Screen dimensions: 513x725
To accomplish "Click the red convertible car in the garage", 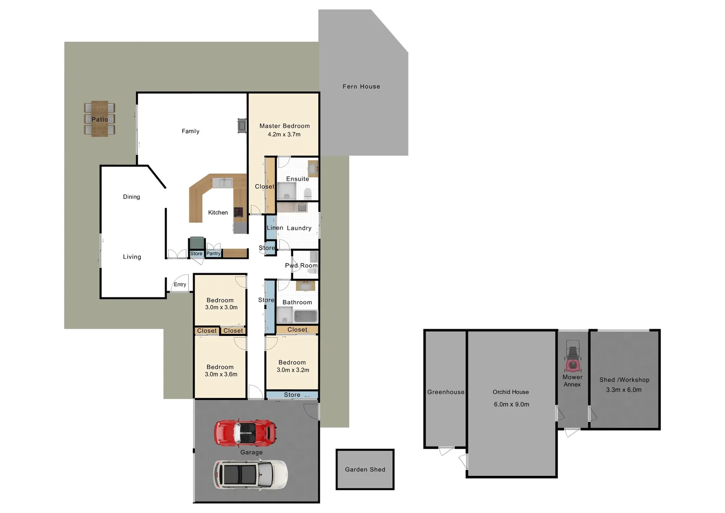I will pyautogui.click(x=245, y=433).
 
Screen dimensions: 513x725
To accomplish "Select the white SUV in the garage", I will pyautogui.click(x=250, y=475).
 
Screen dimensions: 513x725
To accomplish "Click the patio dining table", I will pyautogui.click(x=100, y=119).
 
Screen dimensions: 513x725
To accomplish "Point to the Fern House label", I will pyautogui.click(x=361, y=86).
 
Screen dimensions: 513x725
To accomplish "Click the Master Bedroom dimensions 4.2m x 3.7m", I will pyautogui.click(x=284, y=134).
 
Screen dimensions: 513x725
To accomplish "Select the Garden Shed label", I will pyautogui.click(x=365, y=469).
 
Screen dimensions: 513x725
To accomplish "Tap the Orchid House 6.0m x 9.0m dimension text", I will pyautogui.click(x=511, y=404).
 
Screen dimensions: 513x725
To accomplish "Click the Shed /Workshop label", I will pyautogui.click(x=624, y=380).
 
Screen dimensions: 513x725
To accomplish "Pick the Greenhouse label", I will pyautogui.click(x=446, y=392).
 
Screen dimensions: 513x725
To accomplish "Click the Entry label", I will pyautogui.click(x=180, y=285).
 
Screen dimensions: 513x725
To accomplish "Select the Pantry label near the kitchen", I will pyautogui.click(x=213, y=254).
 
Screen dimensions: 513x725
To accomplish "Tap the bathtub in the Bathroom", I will pyautogui.click(x=305, y=316).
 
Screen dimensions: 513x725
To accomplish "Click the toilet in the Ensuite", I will pyautogui.click(x=307, y=193).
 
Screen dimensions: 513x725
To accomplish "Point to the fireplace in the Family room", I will pyautogui.click(x=242, y=125).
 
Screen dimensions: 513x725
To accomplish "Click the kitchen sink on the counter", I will pyautogui.click(x=222, y=182).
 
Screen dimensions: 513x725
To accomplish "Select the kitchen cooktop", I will pyautogui.click(x=238, y=212).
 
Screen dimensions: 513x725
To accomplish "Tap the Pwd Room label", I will pyautogui.click(x=301, y=266).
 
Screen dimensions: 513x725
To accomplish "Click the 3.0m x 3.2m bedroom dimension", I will pyautogui.click(x=293, y=370).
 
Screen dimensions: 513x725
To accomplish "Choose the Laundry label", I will pyautogui.click(x=299, y=228).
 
